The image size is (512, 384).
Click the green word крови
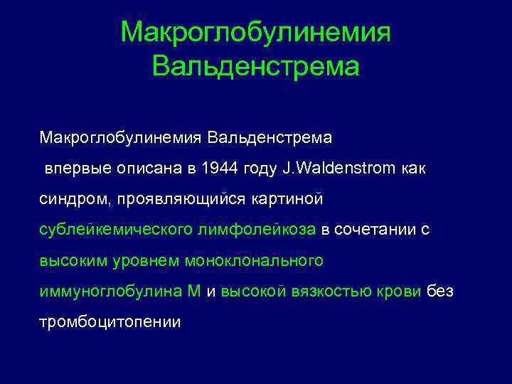coord(402,292)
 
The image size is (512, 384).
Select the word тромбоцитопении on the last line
coord(110,322)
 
